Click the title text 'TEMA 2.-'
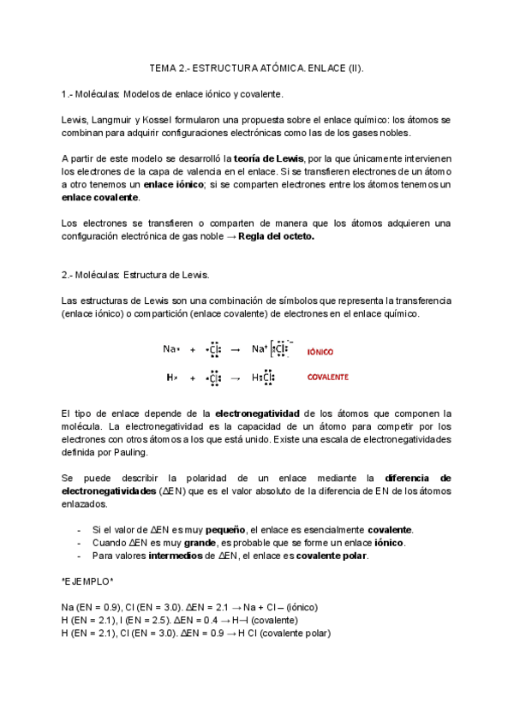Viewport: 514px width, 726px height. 169,68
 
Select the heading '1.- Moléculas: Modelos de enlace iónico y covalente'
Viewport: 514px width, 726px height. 172,93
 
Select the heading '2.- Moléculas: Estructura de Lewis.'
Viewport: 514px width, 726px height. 135,275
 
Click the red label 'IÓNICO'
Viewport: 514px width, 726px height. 320,352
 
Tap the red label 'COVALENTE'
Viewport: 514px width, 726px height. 327,377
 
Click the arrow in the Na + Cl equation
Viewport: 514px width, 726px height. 236,349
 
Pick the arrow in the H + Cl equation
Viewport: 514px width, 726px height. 236,378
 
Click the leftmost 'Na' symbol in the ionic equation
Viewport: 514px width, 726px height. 170,349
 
